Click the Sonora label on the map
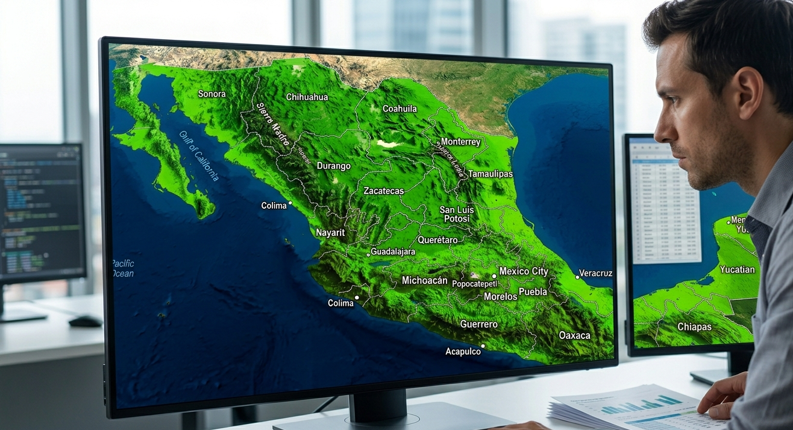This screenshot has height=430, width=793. tap(212, 94)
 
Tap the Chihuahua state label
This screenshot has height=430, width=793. tap(307, 97)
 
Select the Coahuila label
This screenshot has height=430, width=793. tap(400, 109)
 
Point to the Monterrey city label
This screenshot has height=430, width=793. tap(460, 142)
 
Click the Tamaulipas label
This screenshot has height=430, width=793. tap(491, 174)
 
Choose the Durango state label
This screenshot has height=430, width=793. tap(333, 166)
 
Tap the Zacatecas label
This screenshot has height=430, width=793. tap(383, 191)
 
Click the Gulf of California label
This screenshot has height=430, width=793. tap(199, 156)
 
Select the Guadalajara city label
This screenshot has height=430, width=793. tap(393, 251)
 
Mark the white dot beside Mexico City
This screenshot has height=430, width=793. tap(494, 276)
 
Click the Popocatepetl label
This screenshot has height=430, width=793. tap(474, 283)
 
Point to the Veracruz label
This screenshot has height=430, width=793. tap(595, 273)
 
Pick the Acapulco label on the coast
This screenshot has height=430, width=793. tap(463, 351)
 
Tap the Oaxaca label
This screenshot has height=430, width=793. tap(574, 335)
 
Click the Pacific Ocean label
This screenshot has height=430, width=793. tap(123, 268)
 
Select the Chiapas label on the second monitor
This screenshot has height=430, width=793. tap(694, 327)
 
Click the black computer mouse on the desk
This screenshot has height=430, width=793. tap(85, 321)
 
